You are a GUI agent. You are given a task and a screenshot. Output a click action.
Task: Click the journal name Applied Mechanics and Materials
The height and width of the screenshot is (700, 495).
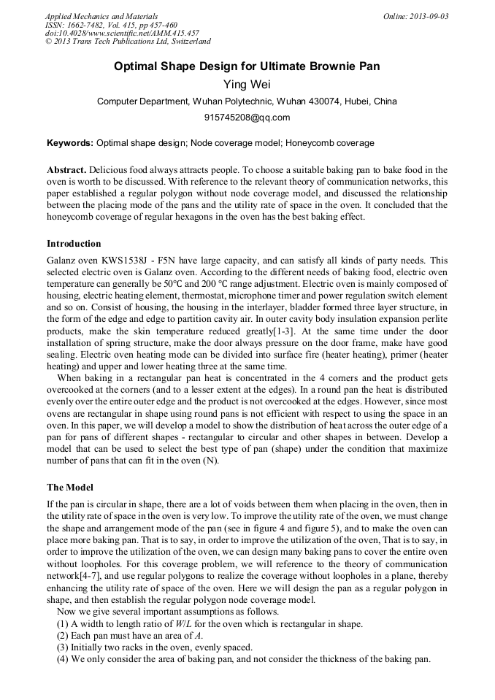coord(101,16)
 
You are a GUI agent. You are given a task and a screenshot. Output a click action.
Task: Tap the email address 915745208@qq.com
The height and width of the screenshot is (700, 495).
coord(247,118)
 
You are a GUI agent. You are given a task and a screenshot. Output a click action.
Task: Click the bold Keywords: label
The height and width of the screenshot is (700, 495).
coord(70,143)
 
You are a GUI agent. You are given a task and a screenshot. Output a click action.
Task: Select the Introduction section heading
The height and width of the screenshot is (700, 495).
coord(74,244)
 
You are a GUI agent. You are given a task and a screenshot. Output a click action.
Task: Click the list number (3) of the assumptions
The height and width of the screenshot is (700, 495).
coord(62,647)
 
